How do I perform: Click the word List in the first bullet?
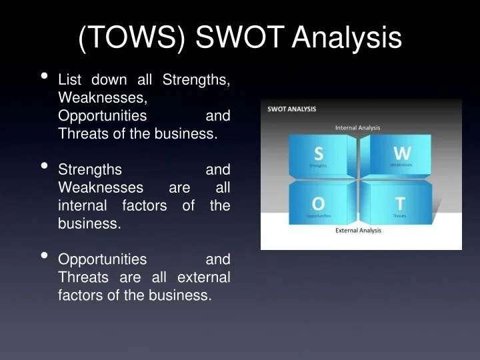pyautogui.click(x=69, y=80)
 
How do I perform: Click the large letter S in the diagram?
pyautogui.click(x=319, y=153)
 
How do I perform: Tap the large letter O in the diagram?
pyautogui.click(x=319, y=203)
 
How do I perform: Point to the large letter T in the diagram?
pyautogui.click(x=399, y=203)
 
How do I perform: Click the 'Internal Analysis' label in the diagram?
pyautogui.click(x=357, y=127)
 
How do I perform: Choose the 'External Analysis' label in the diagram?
pyautogui.click(x=358, y=231)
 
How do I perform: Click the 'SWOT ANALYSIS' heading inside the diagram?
pyautogui.click(x=292, y=109)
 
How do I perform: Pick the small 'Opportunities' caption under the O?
pyautogui.click(x=318, y=216)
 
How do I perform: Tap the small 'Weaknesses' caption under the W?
pyautogui.click(x=401, y=165)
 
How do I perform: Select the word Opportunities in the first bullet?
pyautogui.click(x=103, y=116)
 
